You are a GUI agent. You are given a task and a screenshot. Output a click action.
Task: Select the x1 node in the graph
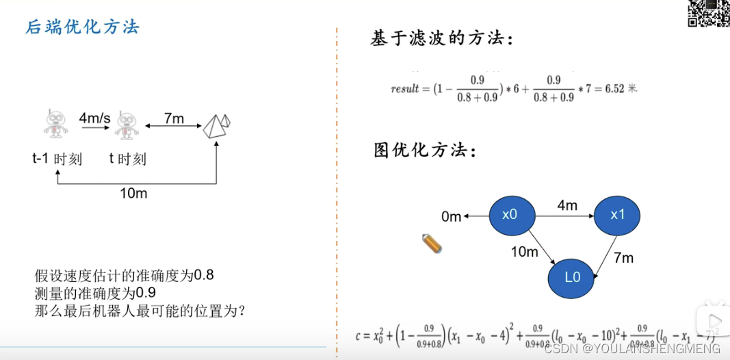coord(617,215)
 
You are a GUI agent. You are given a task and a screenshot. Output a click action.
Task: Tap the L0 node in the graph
coord(572,278)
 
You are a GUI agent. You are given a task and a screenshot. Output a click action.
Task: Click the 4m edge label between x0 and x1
coord(567,205)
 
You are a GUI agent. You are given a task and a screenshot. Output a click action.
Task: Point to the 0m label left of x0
coord(452,216)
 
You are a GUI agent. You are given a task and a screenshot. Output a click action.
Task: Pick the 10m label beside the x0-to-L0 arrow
coord(524,252)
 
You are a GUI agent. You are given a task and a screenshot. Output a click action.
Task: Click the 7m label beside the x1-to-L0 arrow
coord(623,258)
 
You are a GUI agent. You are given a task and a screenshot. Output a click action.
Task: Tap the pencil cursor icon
coord(432,243)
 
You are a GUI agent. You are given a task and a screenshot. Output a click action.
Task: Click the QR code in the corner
coord(707,13)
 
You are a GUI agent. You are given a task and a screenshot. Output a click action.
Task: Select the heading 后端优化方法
coord(82,27)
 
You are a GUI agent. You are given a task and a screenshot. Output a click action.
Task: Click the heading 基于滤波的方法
coord(441,38)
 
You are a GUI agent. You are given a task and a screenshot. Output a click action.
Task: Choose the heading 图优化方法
coord(424,150)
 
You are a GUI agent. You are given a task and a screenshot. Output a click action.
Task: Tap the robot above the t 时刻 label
coord(127,125)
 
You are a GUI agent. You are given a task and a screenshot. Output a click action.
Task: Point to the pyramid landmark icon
coord(216,125)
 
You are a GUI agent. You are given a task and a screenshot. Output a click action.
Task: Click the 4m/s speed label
coord(94,118)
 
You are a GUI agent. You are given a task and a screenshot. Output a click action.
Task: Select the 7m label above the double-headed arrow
coord(174,118)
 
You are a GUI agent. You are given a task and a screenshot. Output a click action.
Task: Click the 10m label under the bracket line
coord(133,193)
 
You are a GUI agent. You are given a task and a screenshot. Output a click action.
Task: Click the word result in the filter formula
coord(404,89)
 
